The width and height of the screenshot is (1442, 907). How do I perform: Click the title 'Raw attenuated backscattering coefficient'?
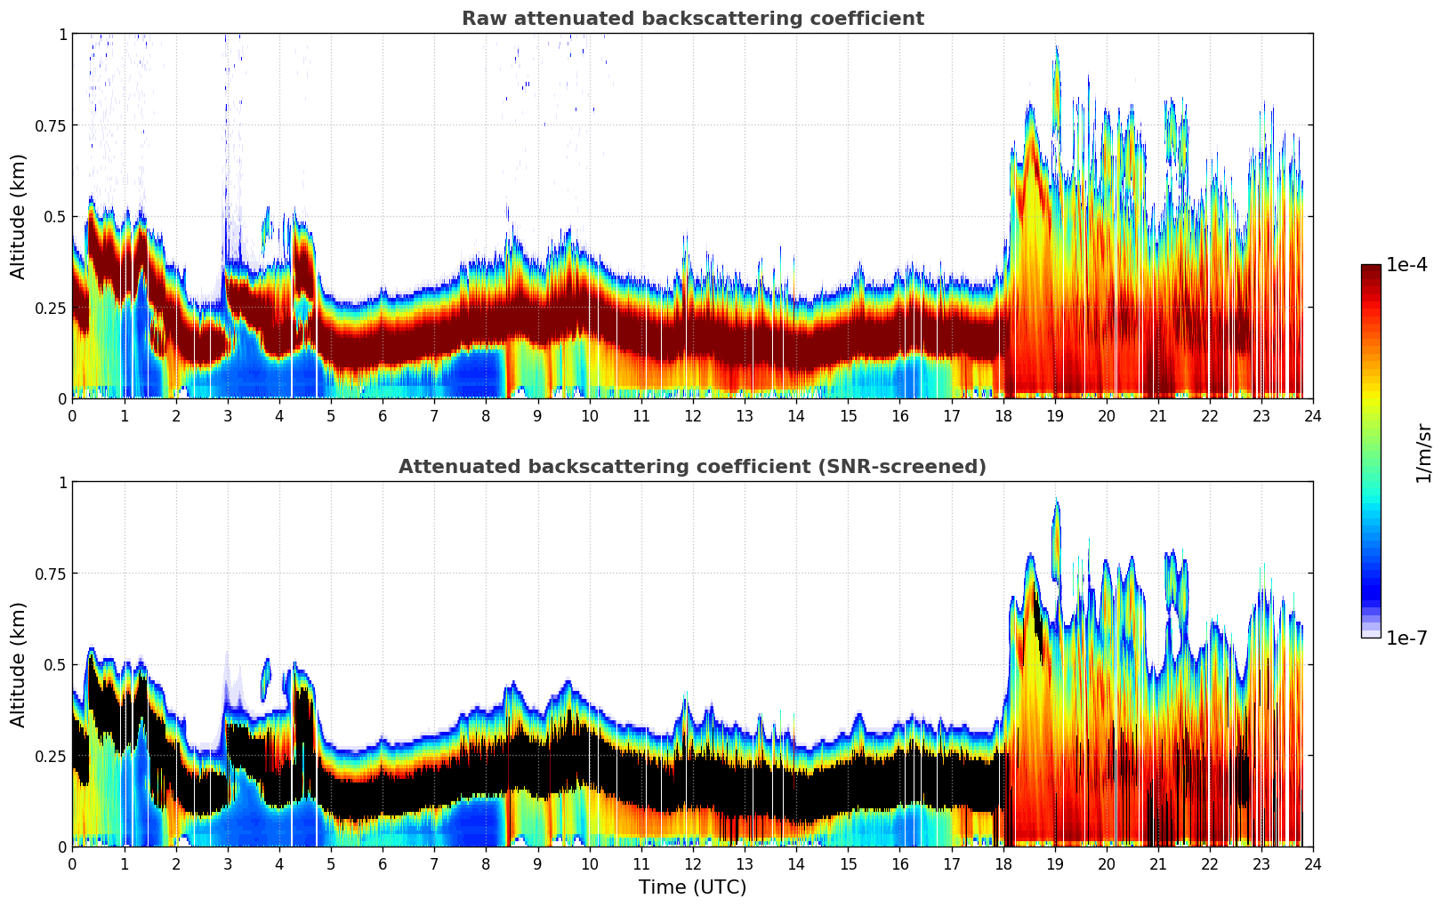(x=692, y=19)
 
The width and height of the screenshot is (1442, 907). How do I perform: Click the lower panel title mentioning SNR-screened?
(x=692, y=467)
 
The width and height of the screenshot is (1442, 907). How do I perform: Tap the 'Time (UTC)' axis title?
(x=692, y=887)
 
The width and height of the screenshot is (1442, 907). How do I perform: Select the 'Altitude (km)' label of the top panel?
(x=19, y=216)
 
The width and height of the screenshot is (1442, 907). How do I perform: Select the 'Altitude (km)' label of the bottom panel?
(x=19, y=664)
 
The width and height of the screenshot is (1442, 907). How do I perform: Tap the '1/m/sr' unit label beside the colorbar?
(x=1423, y=453)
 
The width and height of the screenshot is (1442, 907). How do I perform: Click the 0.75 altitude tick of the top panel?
(x=50, y=125)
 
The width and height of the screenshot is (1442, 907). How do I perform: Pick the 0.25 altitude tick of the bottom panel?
(x=50, y=756)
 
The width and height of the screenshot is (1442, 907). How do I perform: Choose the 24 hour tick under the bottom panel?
(x=1313, y=863)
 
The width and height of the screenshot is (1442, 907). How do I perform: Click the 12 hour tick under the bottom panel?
(x=693, y=863)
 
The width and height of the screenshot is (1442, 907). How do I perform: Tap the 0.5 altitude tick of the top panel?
(x=55, y=217)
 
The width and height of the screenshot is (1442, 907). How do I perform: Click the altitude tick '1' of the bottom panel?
(x=62, y=483)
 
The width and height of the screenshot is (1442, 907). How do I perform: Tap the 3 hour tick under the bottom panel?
(x=228, y=863)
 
